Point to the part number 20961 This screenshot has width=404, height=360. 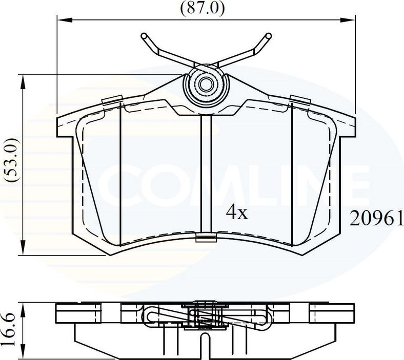(376, 219)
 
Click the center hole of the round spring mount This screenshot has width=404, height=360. (206, 85)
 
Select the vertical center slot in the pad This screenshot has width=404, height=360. (206, 174)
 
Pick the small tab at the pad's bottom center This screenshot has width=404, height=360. (206, 236)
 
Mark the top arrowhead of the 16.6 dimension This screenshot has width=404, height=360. (22, 305)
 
